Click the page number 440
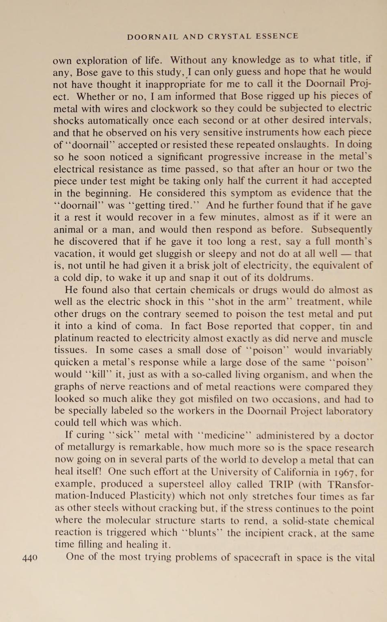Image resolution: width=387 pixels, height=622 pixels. [x=30, y=557]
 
